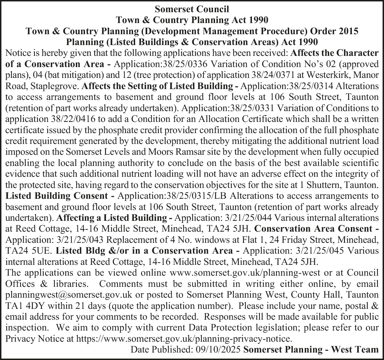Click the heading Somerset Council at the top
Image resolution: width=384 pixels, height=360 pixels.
pyautogui.click(x=192, y=8)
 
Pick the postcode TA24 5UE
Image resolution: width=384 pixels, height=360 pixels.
pyautogui.click(x=28, y=251)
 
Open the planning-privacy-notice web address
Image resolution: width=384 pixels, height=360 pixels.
pyautogui.click(x=183, y=338)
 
